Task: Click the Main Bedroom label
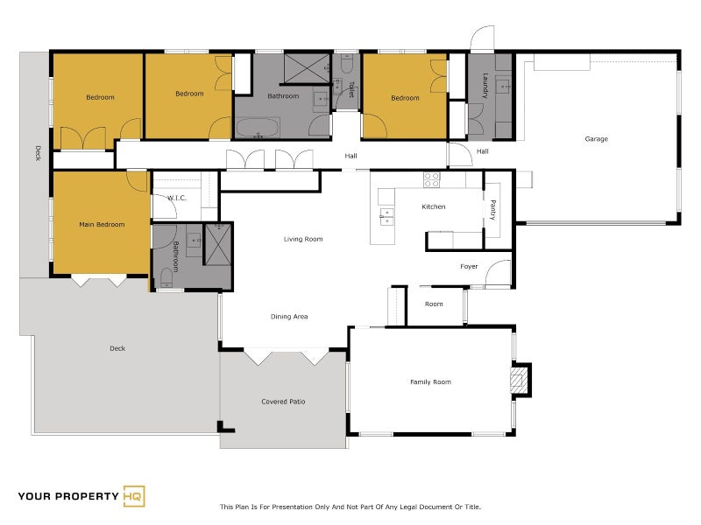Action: click(102, 225)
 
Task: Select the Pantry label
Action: click(492, 210)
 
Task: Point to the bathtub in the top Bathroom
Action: click(258, 128)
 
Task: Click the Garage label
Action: click(596, 139)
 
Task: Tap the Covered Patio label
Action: click(283, 402)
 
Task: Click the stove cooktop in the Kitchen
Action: click(432, 180)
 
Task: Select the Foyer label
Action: click(469, 267)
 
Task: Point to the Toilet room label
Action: click(351, 89)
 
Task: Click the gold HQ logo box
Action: click(134, 496)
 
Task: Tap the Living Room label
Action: click(303, 239)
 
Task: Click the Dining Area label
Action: click(289, 317)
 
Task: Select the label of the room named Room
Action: click(434, 304)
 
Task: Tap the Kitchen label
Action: click(434, 207)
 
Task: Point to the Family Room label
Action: click(430, 382)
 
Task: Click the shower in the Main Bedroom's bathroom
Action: click(218, 244)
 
